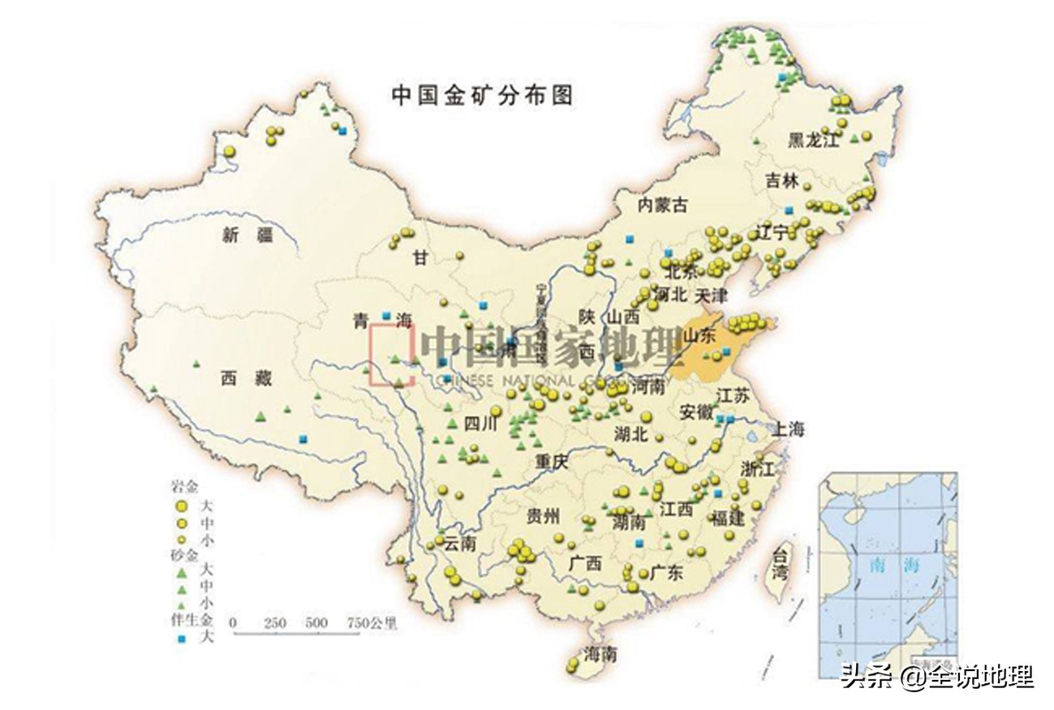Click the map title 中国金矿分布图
483,95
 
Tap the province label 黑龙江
812,140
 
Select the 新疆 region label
247,236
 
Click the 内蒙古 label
662,205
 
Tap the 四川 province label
479,423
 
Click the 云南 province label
459,544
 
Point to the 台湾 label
780,565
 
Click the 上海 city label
788,429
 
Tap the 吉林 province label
782,181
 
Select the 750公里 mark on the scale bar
372,623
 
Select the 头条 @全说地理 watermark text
936,676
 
